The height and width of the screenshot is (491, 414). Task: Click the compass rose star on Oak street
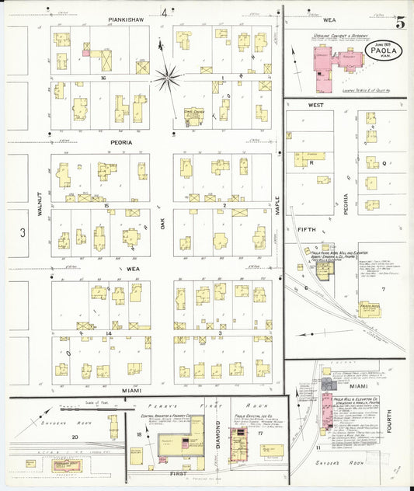point(167,76)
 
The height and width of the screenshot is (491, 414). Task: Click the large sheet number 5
point(398,21)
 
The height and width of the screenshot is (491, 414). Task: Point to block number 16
point(103,78)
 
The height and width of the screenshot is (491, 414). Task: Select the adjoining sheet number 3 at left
point(23,232)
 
